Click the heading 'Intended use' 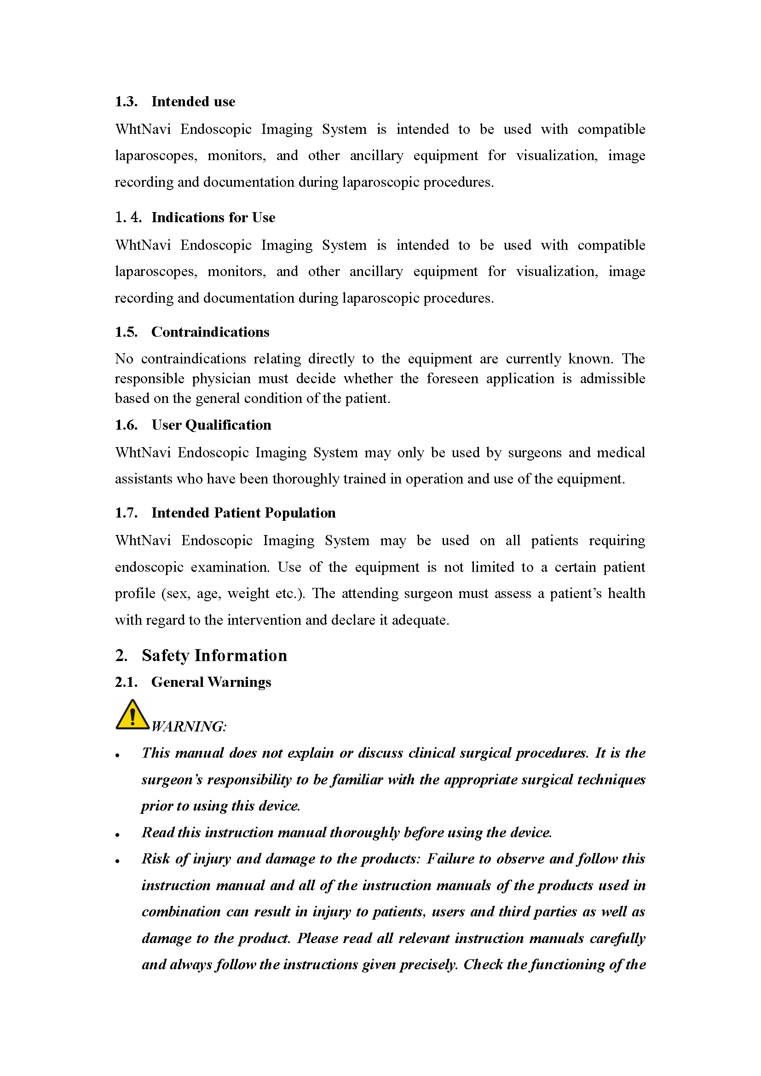pyautogui.click(x=193, y=102)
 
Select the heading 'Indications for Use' pyautogui.click(x=213, y=218)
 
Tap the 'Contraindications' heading pyautogui.click(x=210, y=332)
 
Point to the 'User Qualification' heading pyautogui.click(x=211, y=425)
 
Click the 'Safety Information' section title pyautogui.click(x=214, y=655)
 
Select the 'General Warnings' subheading pyautogui.click(x=211, y=682)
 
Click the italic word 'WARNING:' pyautogui.click(x=189, y=726)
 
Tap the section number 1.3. pyautogui.click(x=126, y=102)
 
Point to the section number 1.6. pyautogui.click(x=126, y=425)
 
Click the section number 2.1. pyautogui.click(x=126, y=682)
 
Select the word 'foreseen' pyautogui.click(x=452, y=379)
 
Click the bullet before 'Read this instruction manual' pyautogui.click(x=118, y=834)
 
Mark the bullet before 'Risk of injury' pyautogui.click(x=118, y=861)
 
